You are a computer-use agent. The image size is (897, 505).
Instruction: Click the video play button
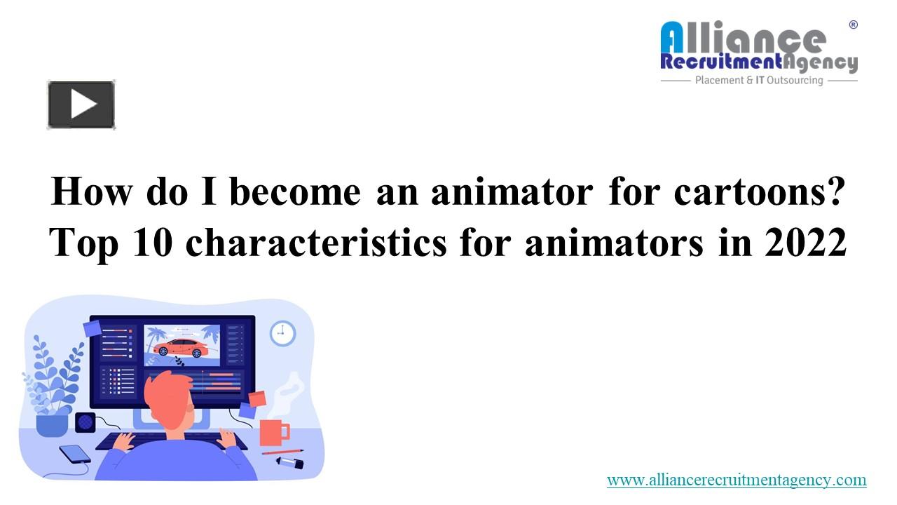[x=81, y=105]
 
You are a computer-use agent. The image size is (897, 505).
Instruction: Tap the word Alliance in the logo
[x=743, y=38]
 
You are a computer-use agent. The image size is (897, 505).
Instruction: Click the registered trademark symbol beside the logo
[x=853, y=25]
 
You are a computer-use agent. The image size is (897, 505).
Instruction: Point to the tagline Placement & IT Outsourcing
[x=758, y=81]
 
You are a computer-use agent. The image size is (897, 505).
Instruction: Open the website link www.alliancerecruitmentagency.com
[x=737, y=480]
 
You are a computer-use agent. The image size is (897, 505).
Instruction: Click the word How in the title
[x=91, y=191]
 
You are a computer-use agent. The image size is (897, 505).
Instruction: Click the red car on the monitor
[x=180, y=346]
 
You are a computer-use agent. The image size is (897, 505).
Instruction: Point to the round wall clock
[x=282, y=332]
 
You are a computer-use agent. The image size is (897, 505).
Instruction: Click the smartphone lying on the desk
[x=74, y=454]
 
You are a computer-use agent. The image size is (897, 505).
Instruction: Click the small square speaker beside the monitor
[x=85, y=422]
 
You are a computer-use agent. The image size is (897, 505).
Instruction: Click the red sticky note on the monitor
[x=257, y=399]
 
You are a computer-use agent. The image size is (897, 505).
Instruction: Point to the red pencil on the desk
[x=283, y=452]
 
